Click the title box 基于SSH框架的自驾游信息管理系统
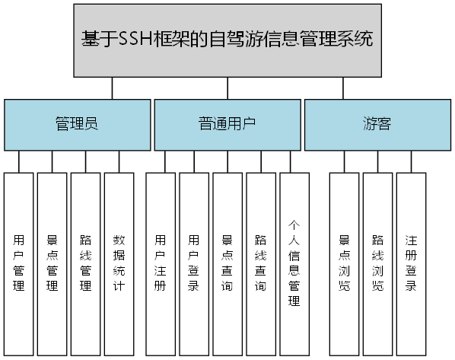(228, 40)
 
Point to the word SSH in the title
(136, 39)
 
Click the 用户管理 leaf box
(19, 263)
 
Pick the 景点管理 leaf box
(52, 263)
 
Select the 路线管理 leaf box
(86, 263)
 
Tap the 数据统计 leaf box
(119, 263)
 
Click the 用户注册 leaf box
(160, 263)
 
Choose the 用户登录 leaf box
(193, 263)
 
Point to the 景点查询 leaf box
(227, 263)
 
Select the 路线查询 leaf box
(260, 263)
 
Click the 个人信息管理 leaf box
(294, 263)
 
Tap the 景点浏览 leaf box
(344, 263)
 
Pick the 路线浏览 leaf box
(377, 263)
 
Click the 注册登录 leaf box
(411, 263)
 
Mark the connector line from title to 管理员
(112, 88)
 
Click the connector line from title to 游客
(343, 88)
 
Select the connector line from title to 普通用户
(228, 88)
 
